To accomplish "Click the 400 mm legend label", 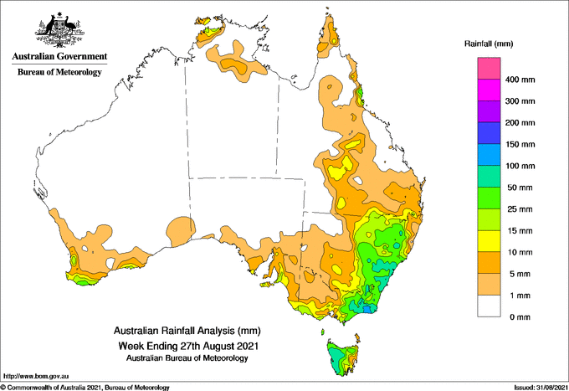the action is pos(520,80).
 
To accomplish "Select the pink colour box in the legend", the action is pos(489,69).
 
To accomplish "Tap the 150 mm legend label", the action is pos(520,145).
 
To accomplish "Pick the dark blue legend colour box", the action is pos(489,133).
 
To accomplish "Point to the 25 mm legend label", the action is pos(520,209).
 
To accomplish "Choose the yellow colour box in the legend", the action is pos(489,241).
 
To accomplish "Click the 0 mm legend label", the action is pos(520,317).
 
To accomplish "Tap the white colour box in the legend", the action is pos(489,306).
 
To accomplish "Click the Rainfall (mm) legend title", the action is pos(489,44).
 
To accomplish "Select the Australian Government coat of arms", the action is pos(59,30).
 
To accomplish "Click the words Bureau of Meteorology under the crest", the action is pos(59,72).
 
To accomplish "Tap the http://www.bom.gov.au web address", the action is pos(36,376).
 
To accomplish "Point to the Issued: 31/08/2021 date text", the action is pos(540,388).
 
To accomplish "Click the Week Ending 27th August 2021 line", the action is pos(188,345).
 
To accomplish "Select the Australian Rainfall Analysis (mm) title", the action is pos(187,331).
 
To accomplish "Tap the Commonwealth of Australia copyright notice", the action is pos(85,388).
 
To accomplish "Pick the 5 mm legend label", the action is pos(520,274).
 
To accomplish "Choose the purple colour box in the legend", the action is pos(489,111).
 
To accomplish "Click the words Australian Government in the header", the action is pos(59,56).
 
